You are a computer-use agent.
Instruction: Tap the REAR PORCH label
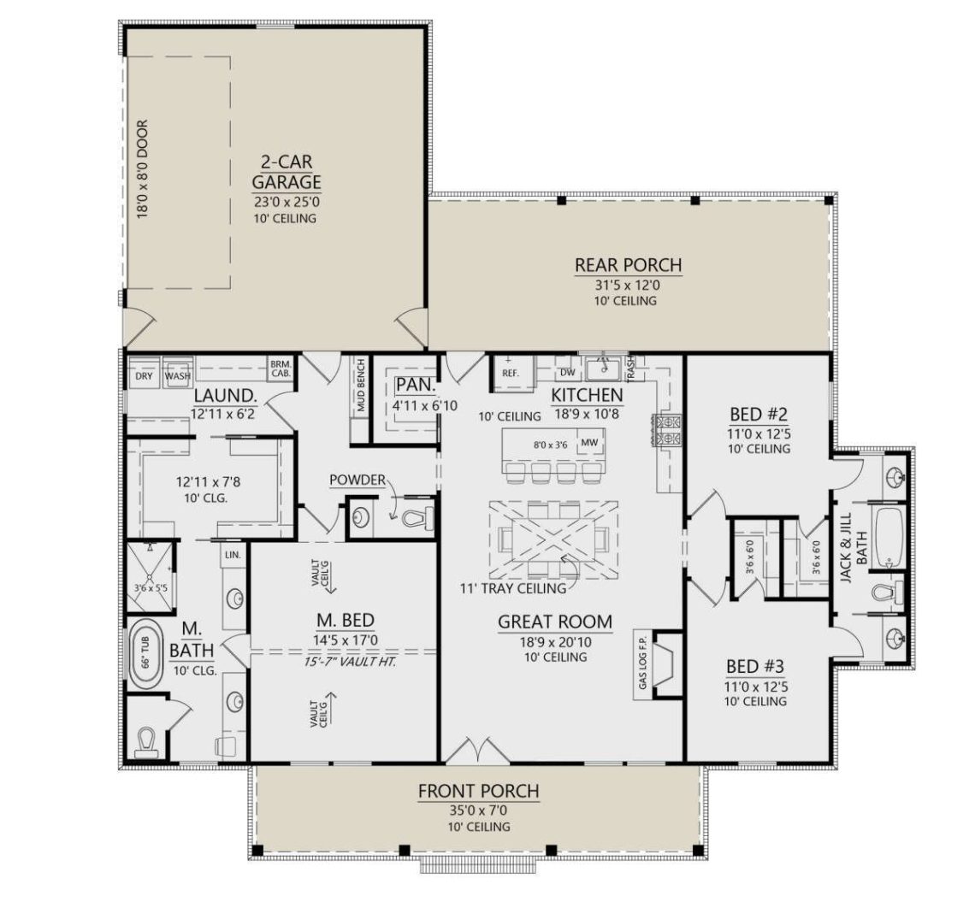click(628, 265)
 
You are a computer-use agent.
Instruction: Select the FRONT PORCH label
click(478, 791)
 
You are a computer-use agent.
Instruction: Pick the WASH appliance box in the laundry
click(178, 375)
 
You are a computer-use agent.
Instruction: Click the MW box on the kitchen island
click(588, 443)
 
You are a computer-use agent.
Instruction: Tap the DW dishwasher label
click(566, 372)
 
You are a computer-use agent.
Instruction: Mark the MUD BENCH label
click(361, 386)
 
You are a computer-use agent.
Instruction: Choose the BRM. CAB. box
click(280, 368)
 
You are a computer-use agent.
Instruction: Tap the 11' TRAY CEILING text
click(511, 588)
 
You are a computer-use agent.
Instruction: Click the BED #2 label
click(759, 416)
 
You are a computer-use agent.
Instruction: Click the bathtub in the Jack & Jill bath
click(889, 539)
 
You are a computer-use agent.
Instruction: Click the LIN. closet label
click(232, 555)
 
